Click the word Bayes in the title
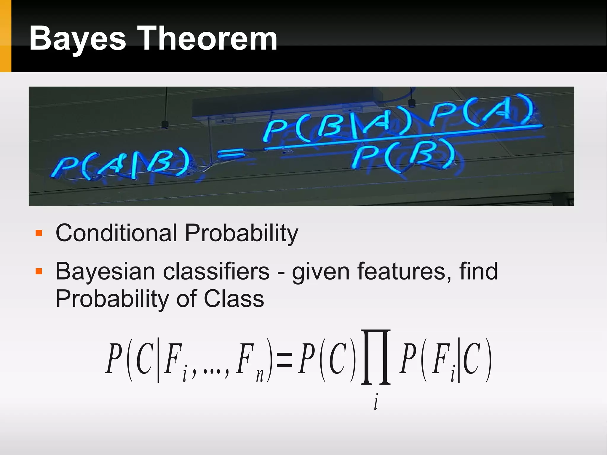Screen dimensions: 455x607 pos(78,39)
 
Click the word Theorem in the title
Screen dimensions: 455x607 pos(208,39)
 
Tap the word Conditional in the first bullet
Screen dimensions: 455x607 pos(116,233)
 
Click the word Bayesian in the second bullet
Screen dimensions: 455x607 pos(105,272)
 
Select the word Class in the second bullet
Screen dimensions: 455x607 pos(234,299)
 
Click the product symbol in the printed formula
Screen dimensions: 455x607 pos(376,357)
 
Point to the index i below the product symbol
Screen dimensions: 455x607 pos(376,402)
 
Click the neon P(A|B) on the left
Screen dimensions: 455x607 pos(120,166)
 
